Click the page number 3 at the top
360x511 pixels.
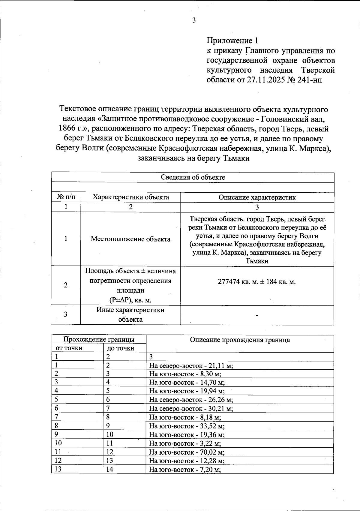[x=194, y=20]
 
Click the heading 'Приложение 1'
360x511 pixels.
[x=232, y=41]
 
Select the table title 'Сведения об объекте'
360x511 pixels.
[x=193, y=177]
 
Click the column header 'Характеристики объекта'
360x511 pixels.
[x=130, y=197]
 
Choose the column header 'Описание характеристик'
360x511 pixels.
[x=257, y=197]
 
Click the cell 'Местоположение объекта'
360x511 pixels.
[x=130, y=239]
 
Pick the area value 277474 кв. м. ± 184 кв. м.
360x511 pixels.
[x=257, y=282]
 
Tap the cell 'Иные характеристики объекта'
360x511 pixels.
[x=130, y=314]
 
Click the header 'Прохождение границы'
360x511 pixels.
[x=99, y=339]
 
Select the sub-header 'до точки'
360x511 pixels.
[x=121, y=348]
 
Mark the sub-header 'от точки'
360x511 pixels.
[x=69, y=348]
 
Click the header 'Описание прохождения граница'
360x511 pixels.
[x=240, y=340]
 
